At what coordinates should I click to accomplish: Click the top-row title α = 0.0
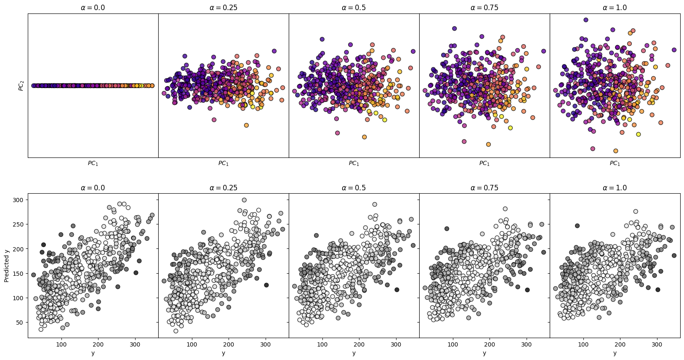(93, 8)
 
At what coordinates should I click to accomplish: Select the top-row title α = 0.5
(354, 8)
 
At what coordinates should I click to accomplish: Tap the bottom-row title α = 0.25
(223, 187)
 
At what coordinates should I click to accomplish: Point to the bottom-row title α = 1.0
(615, 187)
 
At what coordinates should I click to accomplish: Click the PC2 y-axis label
(21, 85)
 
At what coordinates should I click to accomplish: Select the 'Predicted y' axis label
(7, 265)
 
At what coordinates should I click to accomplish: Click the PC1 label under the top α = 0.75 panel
(484, 163)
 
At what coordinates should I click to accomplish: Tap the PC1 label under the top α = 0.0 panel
(93, 163)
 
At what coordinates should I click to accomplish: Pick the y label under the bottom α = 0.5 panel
(354, 353)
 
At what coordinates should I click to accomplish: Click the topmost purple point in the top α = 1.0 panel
(586, 20)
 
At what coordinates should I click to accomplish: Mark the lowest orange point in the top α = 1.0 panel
(615, 151)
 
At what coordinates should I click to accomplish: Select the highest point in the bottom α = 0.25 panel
(244, 200)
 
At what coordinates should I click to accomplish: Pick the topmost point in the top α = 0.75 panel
(454, 28)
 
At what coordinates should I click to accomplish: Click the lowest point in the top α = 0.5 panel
(364, 137)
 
